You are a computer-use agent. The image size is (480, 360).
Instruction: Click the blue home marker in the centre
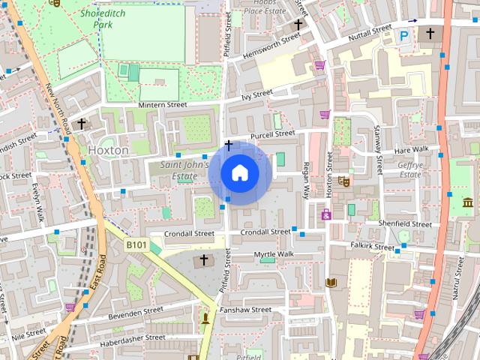[239, 173]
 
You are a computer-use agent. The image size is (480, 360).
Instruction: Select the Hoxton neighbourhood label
[108, 150]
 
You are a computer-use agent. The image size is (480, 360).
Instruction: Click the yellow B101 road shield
[136, 244]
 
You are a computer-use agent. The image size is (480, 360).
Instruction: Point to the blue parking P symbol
[405, 34]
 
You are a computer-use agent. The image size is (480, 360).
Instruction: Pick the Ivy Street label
[257, 94]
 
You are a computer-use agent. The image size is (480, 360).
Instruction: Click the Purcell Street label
[272, 133]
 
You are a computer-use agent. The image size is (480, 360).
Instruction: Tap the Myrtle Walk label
[274, 254]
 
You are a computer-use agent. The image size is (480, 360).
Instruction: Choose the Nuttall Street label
[370, 28]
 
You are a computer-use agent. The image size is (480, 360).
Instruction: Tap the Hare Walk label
[412, 149]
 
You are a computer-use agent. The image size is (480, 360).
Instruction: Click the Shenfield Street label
[406, 223]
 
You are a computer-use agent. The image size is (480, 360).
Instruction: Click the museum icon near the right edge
[468, 202]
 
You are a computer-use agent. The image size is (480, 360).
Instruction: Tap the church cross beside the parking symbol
[430, 34]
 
